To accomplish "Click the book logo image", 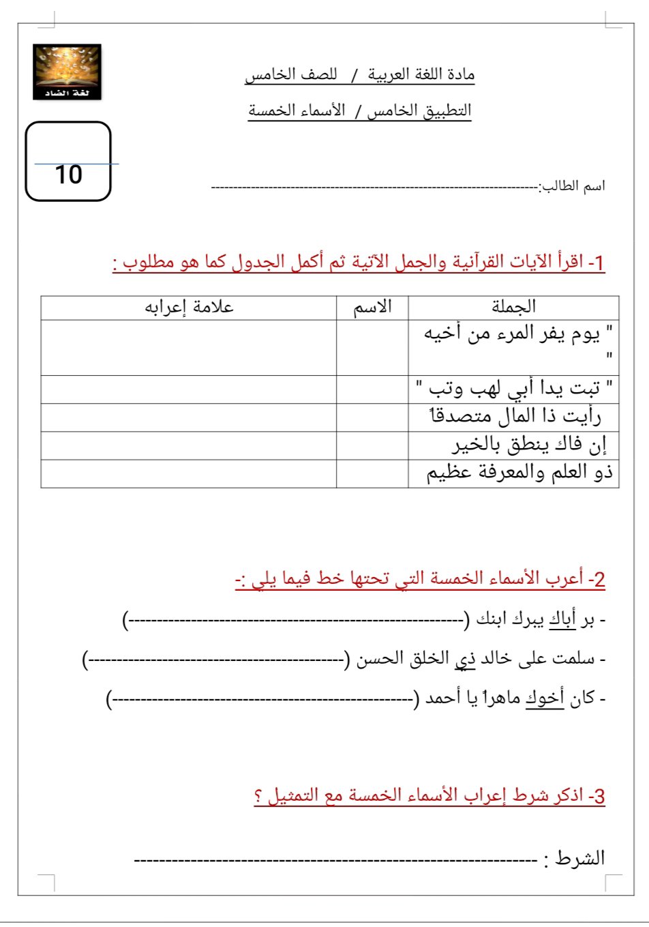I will click(67, 72).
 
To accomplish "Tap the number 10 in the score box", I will click(68, 175).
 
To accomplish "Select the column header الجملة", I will click(513, 308).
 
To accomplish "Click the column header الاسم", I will click(372, 308).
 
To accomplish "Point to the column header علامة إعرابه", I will click(189, 308).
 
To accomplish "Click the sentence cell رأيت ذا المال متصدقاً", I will click(515, 417).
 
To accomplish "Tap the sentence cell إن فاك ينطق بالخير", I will click(528, 445).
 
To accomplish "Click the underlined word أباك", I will click(563, 619).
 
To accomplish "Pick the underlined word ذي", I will click(466, 659).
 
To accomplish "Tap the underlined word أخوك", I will click(545, 698).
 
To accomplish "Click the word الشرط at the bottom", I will click(580, 858).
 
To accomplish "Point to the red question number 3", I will click(597, 797).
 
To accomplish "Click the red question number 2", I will click(597, 580).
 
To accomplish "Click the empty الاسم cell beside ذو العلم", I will click(372, 473).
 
